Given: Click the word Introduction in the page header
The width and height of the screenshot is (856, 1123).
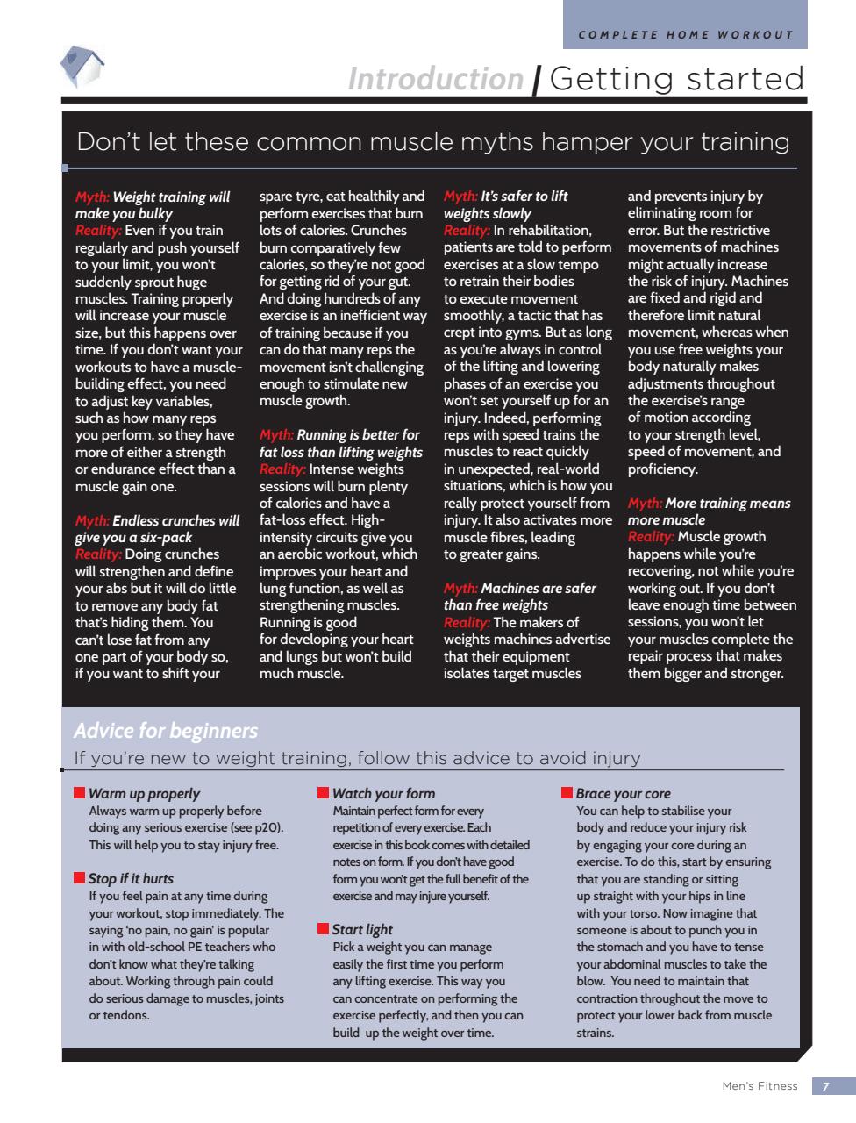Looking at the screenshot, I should pos(435,79).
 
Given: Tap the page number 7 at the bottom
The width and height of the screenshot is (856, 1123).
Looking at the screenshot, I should pos(824,1086).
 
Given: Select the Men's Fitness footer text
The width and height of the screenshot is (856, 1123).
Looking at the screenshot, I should pos(760,1086).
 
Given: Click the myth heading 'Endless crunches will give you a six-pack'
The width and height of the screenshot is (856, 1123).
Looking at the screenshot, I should pos(157,529).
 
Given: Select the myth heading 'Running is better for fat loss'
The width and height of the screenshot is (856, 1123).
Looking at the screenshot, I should pos(341,444).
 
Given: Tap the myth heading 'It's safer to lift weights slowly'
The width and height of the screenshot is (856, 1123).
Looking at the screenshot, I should pos(505,205).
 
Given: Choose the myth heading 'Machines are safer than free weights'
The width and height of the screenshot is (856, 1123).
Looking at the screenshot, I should pos(519,597).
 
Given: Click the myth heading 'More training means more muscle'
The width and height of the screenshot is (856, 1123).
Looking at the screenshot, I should pos(709,511).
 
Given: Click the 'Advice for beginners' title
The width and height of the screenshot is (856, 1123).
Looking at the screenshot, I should pos(166,731).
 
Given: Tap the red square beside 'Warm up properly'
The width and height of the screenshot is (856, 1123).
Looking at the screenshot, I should pos(79,793).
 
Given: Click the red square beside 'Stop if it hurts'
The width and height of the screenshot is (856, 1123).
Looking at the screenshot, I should pos(79,877).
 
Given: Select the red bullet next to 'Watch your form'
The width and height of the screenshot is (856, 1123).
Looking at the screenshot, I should pos(323,793).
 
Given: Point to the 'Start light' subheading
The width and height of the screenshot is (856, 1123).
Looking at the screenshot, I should pos(362,929).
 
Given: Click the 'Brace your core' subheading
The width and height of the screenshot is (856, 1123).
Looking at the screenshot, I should pos(623,794).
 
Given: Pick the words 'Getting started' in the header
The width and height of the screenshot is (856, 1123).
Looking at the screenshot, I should pos(677,79).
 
